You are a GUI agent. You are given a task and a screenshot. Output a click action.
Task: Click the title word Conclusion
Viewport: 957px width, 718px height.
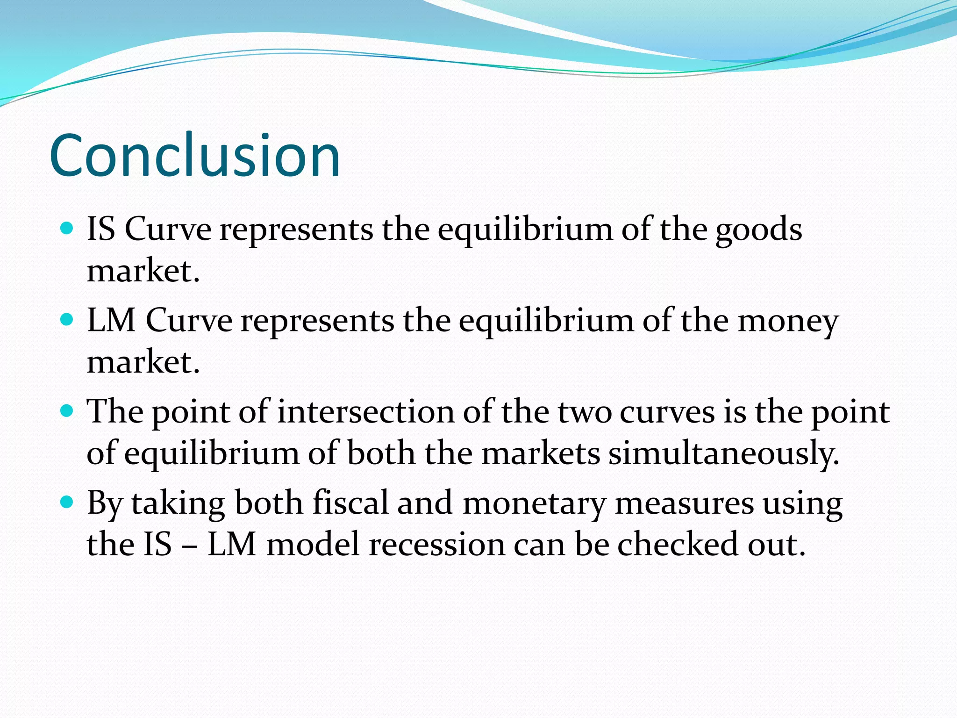pos(194,156)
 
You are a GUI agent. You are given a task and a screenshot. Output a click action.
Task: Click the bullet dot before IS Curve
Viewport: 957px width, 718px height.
pos(67,228)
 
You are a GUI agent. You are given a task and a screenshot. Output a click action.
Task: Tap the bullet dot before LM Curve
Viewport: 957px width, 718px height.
pos(67,319)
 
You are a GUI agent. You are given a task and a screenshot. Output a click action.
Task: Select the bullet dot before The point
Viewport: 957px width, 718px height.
pos(67,411)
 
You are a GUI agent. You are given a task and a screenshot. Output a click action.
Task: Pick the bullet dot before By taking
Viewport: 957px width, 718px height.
pos(67,502)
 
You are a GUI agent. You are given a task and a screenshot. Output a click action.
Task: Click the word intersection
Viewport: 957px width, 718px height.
pos(365,412)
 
